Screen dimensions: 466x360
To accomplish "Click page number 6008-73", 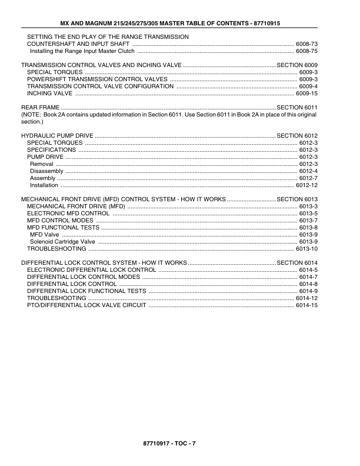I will pos(306,44).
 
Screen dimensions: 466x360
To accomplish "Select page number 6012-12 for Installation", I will pos(306,185).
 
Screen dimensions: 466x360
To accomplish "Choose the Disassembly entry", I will pos(46,171).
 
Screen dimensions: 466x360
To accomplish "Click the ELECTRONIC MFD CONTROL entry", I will pos(68,214).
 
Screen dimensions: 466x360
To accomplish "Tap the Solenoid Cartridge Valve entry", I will pos(62,242).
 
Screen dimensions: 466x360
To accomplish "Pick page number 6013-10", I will pos(306,249).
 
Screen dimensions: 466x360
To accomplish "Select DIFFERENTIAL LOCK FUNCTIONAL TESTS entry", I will pos(86,291).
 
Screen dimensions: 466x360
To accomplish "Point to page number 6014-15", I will pos(306,305).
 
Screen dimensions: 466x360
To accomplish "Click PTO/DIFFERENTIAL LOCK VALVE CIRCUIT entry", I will pos(86,305).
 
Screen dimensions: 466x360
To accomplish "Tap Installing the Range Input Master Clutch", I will pos(82,51).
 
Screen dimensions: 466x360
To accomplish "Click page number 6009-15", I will pos(306,94).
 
